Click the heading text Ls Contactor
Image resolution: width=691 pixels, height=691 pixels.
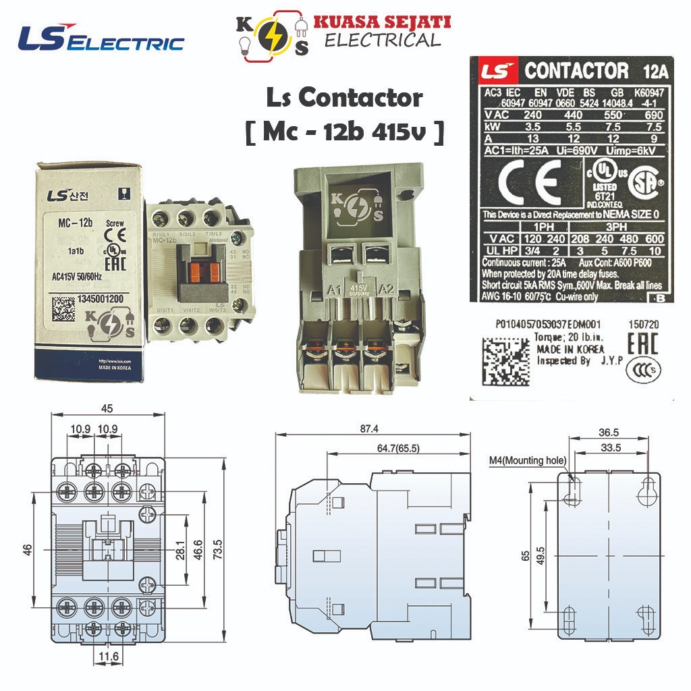pos(344,98)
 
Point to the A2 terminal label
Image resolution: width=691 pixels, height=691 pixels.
pos(387,291)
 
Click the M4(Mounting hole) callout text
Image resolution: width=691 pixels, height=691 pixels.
pos(528,461)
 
